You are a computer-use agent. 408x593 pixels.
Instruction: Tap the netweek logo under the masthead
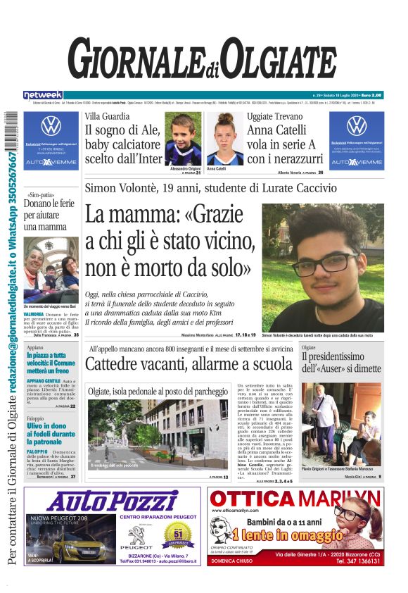43,95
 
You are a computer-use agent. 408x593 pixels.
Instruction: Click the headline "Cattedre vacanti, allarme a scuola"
188,364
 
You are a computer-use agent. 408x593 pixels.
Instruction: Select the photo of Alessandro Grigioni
184,139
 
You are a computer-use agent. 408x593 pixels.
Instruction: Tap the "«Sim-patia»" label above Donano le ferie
40,194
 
